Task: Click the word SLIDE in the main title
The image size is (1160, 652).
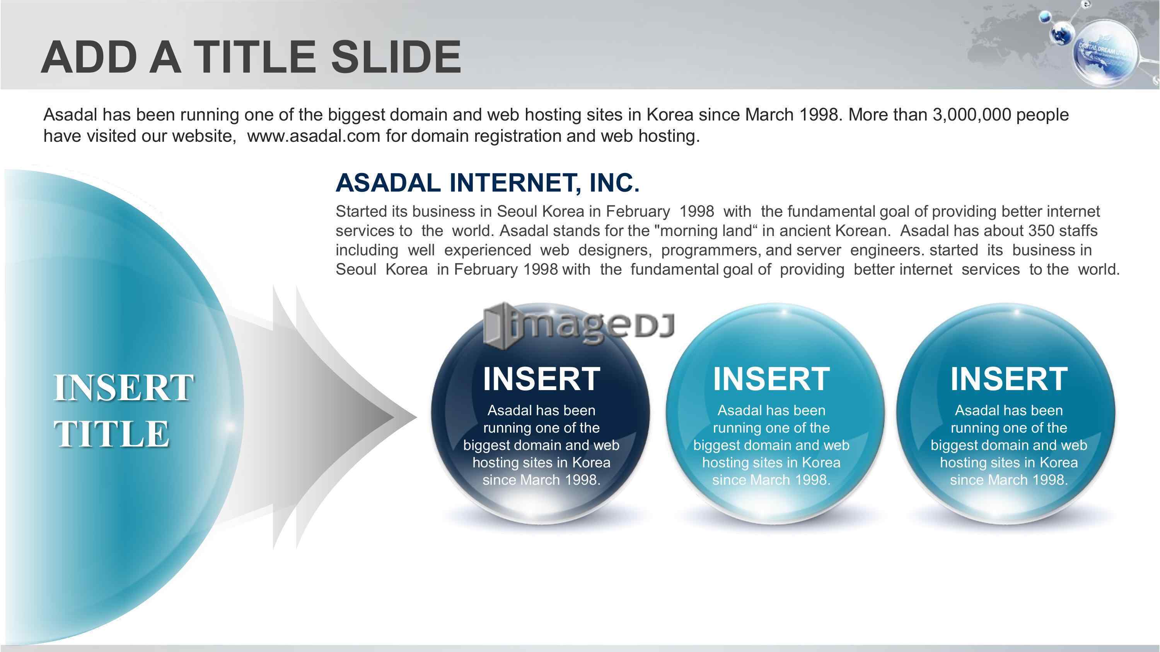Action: coord(396,57)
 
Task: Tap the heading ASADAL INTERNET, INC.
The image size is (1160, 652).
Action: coord(487,183)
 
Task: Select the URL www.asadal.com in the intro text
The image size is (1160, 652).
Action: coord(314,136)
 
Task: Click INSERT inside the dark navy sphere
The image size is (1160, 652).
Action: coord(541,379)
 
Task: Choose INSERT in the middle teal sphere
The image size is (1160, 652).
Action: coord(771,379)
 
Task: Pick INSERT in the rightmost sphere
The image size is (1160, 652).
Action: coord(1009,379)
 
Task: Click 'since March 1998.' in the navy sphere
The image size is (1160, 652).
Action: coord(541,480)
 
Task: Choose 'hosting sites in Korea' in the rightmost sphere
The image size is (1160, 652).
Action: coord(1009,463)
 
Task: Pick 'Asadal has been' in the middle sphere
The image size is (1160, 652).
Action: coord(771,410)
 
